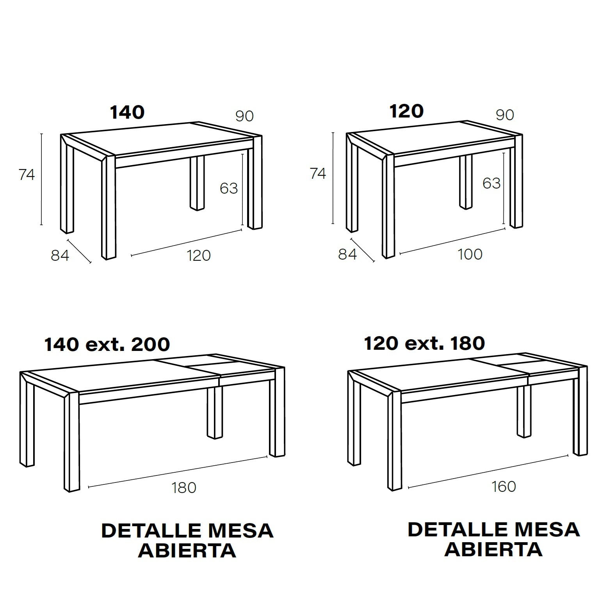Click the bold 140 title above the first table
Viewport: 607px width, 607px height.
tap(127, 112)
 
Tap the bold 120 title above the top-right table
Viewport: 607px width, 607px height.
tap(406, 111)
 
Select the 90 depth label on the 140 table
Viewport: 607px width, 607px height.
tap(245, 116)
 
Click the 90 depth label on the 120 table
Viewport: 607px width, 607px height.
tap(505, 115)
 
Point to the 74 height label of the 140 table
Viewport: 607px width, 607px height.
tap(27, 174)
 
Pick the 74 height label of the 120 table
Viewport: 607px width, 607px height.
tap(318, 173)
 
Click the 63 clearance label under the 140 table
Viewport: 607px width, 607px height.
tap(229, 188)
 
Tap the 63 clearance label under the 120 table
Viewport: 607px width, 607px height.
tap(491, 183)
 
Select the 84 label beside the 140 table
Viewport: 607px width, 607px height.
tap(60, 255)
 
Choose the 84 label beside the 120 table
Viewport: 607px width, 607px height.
tap(347, 254)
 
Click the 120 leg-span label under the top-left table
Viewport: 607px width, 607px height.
tap(199, 255)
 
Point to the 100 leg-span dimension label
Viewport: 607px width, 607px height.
tap(470, 254)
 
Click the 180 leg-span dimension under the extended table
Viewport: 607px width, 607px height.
tap(184, 488)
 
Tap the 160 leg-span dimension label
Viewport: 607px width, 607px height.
tap(504, 486)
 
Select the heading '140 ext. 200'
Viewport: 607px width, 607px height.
tap(107, 344)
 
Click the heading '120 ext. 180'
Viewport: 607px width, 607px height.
tap(425, 343)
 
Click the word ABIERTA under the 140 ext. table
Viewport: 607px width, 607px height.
tap(187, 550)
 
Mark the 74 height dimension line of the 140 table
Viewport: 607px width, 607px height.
tap(41, 179)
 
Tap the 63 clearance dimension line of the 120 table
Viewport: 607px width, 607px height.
tap(504, 189)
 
